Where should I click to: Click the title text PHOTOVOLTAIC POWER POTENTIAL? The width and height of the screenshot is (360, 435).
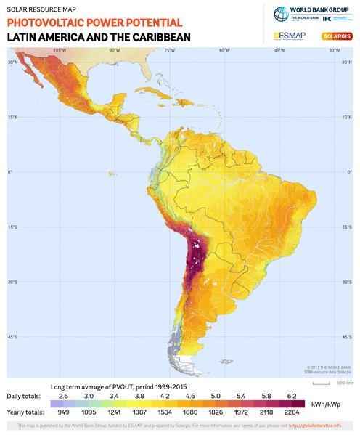(94, 23)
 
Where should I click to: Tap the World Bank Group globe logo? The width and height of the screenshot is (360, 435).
(281, 15)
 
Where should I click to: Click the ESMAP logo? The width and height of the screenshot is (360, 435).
(288, 36)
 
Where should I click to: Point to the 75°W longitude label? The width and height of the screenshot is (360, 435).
(169, 51)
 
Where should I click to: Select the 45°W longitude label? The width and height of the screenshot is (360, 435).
(279, 51)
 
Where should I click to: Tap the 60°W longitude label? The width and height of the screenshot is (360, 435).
(224, 51)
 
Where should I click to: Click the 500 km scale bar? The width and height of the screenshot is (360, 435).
(324, 382)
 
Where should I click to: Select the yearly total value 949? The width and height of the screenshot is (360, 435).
(64, 412)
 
